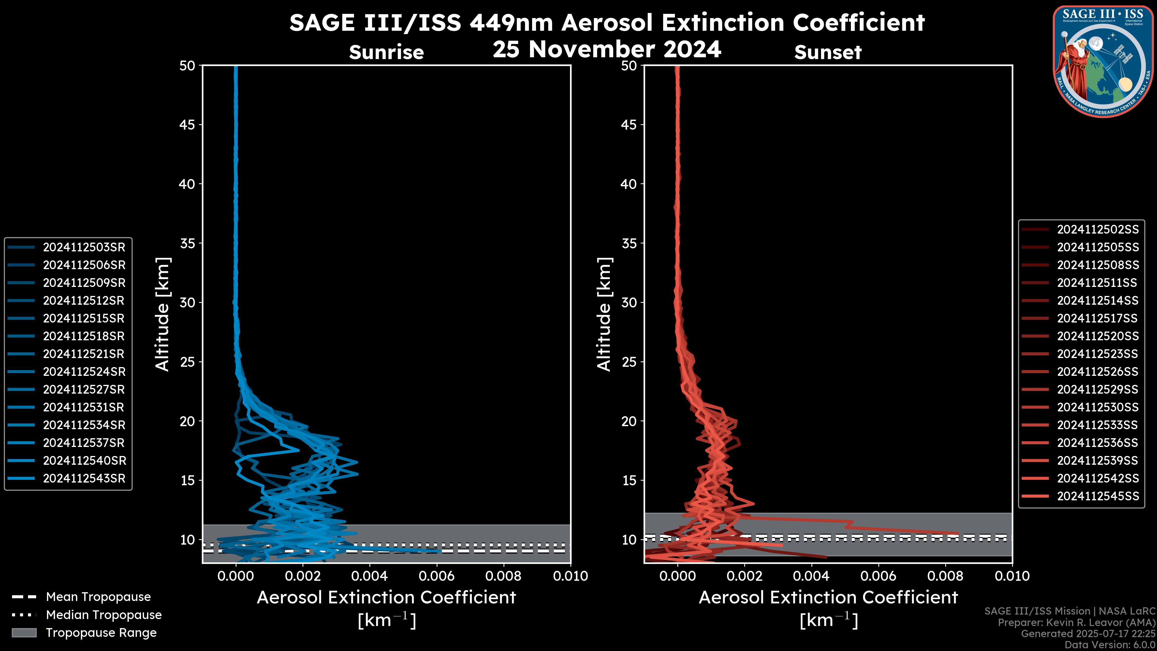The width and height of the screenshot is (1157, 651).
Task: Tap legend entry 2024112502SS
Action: tap(1098, 230)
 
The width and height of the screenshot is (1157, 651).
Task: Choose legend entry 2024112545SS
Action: tap(1098, 496)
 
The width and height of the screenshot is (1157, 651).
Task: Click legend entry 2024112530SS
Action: tap(1098, 407)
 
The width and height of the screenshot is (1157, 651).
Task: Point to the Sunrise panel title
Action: tap(386, 52)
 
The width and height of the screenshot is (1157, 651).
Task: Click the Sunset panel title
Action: tap(828, 52)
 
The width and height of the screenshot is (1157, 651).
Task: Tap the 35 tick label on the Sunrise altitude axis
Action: tap(188, 244)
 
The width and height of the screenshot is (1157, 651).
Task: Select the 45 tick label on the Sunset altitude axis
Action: tap(629, 124)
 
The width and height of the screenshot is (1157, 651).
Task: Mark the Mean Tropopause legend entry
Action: tap(98, 597)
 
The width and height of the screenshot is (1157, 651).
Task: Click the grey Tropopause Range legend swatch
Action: tap(24, 633)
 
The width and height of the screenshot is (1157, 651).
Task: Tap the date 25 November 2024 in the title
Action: tap(607, 49)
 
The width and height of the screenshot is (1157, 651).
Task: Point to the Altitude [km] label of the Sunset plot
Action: tap(604, 314)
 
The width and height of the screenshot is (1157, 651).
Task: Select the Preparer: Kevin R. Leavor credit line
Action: tap(1076, 623)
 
